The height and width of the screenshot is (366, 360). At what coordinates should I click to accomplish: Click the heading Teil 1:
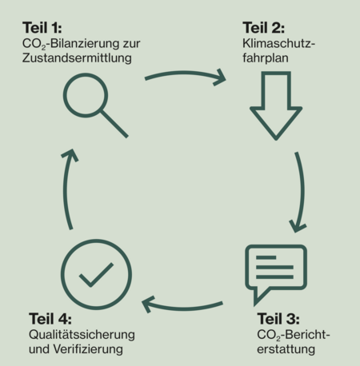coord(42,28)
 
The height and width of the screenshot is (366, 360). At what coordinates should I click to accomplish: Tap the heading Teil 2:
coord(263,28)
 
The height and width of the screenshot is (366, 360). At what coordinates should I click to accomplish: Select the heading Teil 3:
coord(278,319)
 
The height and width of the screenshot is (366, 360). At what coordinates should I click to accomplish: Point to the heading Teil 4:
coord(50,319)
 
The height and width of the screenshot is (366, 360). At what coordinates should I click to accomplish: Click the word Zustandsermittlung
coord(77,58)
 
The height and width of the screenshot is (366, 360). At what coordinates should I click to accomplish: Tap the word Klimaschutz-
coord(279,43)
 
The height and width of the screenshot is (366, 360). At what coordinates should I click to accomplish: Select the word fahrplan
coord(266,58)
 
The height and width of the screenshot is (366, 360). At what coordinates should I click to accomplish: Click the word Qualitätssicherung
coord(82,335)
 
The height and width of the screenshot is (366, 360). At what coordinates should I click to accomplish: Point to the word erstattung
coord(286,349)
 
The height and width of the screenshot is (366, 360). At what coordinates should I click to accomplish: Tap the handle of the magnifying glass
coord(114,124)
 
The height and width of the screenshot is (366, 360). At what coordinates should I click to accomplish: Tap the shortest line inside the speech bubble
coord(266,257)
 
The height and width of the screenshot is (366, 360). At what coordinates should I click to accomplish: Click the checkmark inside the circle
coord(96,276)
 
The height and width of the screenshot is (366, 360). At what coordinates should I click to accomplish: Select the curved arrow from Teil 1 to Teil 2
coord(185,73)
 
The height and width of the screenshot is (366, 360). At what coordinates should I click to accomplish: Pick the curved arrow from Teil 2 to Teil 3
coord(302,192)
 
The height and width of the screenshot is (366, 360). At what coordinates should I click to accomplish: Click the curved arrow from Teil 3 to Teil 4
coord(183,308)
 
